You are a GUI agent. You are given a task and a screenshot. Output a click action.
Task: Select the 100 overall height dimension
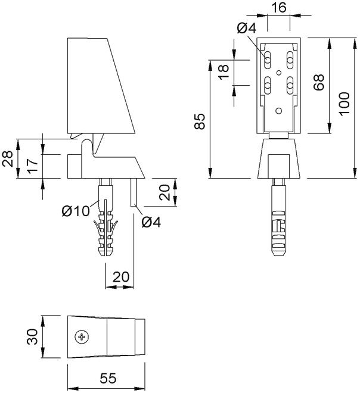click(x=343, y=108)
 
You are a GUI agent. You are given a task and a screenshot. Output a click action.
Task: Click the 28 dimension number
click(x=8, y=159)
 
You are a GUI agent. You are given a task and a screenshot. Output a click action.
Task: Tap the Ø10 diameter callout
click(x=75, y=211)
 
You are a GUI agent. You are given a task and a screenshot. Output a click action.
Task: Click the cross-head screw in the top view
click(x=82, y=337)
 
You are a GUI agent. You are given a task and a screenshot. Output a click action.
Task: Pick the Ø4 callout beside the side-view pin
click(x=151, y=223)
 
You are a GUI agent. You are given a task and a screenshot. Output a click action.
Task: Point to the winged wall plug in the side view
click(x=106, y=223)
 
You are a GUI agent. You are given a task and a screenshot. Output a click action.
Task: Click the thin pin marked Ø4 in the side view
click(x=134, y=192)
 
